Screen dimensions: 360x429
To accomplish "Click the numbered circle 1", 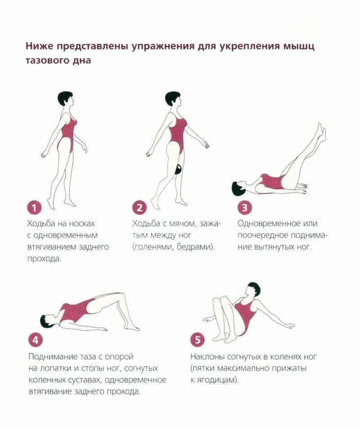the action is coord(34,208).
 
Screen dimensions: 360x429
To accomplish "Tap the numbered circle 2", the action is coord(139,208).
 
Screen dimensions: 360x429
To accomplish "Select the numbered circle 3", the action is coord(244,208).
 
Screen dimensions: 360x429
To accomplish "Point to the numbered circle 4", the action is coord(36,340).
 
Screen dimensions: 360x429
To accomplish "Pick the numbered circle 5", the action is coord(198,340).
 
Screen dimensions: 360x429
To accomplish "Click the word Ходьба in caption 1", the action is coord(42,223).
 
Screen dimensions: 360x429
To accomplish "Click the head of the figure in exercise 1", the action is coord(65,99).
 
